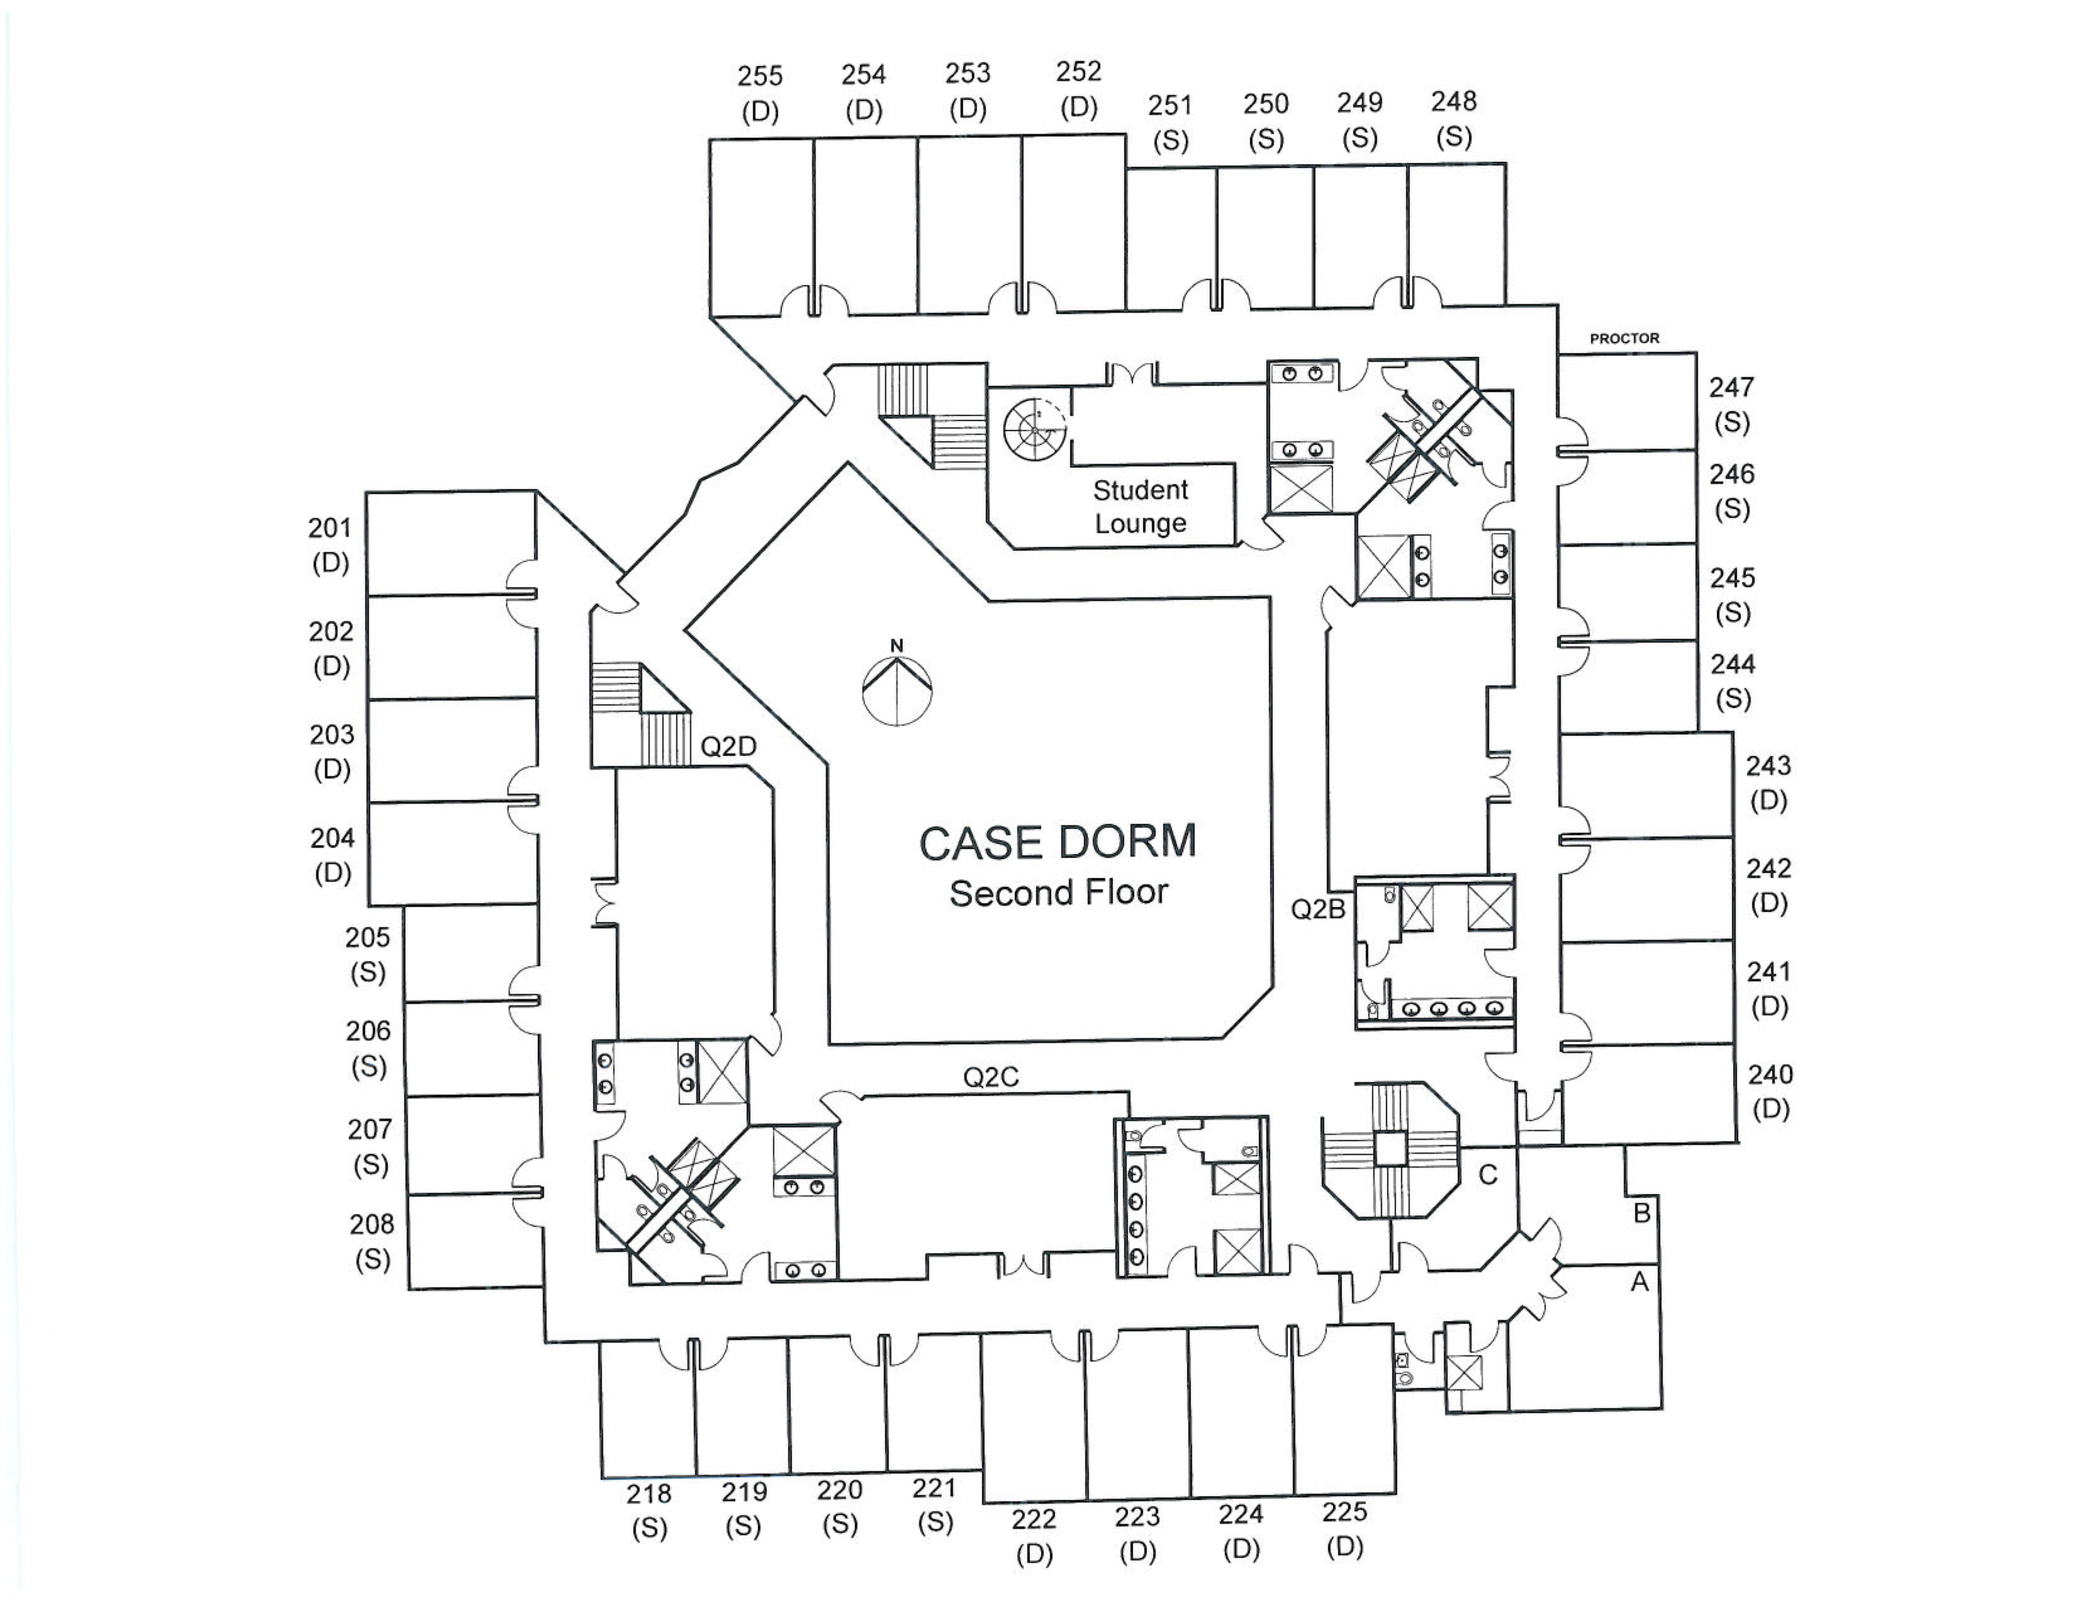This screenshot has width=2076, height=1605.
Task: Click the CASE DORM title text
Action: (1057, 842)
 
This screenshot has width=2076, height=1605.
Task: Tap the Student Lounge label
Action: (1140, 507)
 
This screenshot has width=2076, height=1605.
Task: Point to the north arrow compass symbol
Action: (896, 685)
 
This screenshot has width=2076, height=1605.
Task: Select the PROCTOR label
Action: (1624, 339)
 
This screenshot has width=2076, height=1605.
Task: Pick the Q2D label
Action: (728, 746)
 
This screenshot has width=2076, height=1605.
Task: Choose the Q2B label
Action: (1317, 909)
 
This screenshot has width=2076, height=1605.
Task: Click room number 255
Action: (759, 76)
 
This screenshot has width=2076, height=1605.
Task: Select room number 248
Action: (1453, 102)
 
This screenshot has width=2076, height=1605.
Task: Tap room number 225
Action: (1344, 1512)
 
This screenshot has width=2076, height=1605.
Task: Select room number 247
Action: (1731, 387)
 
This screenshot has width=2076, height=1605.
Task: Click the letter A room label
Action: (1639, 1283)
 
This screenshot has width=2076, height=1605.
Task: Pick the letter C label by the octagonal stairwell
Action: (1488, 1175)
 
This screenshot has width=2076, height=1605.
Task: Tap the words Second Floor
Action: (1058, 893)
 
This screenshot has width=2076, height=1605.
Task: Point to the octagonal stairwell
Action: (1390, 1149)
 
